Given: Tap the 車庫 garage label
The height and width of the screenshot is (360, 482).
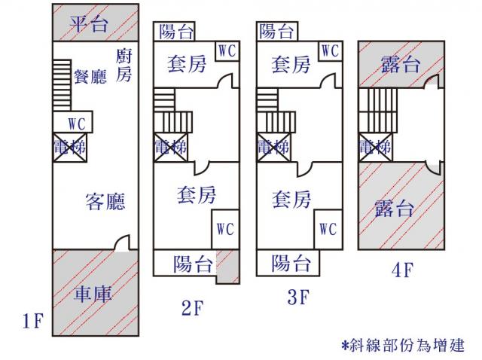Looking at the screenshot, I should (93, 293).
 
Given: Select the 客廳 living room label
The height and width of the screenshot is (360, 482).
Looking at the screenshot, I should (105, 201).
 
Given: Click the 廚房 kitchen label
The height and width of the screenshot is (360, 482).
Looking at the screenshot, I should (124, 65).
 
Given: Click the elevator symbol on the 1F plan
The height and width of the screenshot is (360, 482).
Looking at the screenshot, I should (69, 146).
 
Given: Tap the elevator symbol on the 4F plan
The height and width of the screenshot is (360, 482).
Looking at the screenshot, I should (375, 146).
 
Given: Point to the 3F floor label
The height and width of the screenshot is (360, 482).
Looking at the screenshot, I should (298, 297).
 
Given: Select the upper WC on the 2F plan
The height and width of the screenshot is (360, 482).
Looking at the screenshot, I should (227, 50).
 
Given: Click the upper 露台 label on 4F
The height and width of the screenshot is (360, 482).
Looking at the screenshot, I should (400, 65).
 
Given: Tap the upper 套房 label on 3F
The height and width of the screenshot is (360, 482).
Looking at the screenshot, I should (291, 65).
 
